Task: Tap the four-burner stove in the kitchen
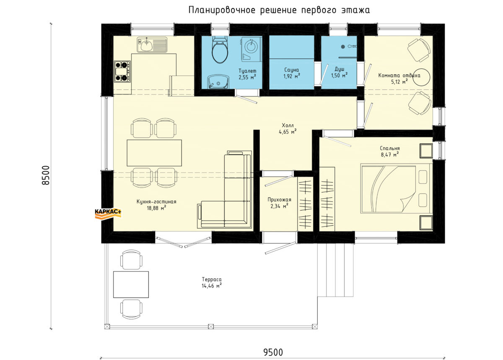(x=122, y=71)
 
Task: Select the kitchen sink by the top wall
(x=152, y=44)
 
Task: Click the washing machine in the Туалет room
(x=251, y=49)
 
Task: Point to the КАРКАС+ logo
(x=108, y=214)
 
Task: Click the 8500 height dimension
(x=46, y=175)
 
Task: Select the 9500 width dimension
(x=273, y=352)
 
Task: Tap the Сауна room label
(x=291, y=70)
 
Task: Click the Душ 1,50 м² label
(x=339, y=72)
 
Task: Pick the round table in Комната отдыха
(x=422, y=77)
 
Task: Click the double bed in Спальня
(x=397, y=188)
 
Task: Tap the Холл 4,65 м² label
(x=288, y=128)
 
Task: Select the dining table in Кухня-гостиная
(x=154, y=153)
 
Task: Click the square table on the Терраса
(x=131, y=284)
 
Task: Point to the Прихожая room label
(x=279, y=200)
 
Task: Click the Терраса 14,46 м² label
(x=212, y=282)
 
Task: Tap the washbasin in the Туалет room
(x=218, y=81)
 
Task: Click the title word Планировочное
(x=222, y=10)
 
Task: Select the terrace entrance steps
(x=335, y=270)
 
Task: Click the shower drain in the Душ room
(x=343, y=47)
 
